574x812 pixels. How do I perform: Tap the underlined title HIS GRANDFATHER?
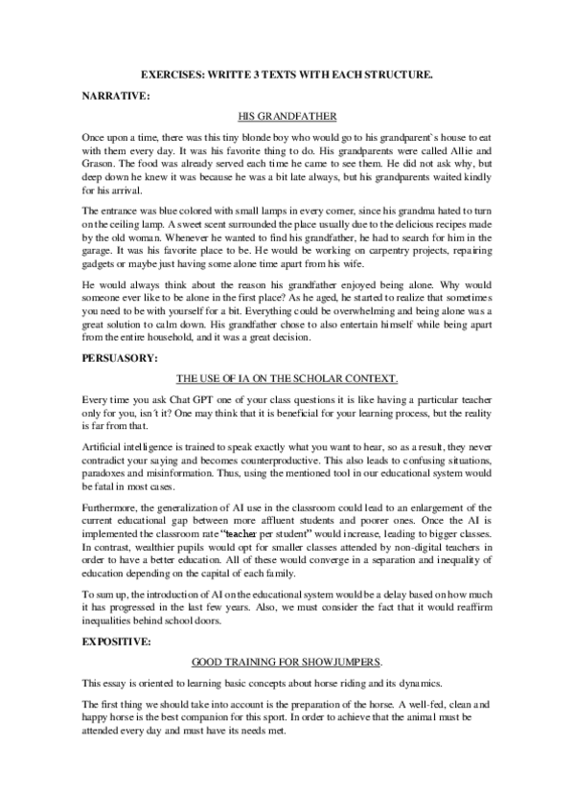pos(287,118)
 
